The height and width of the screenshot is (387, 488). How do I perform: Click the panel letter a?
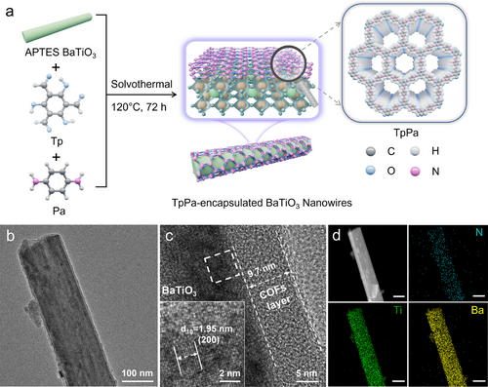tap(10, 12)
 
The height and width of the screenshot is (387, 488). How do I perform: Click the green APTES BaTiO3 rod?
tap(58, 27)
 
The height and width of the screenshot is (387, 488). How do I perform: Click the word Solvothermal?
tap(142, 84)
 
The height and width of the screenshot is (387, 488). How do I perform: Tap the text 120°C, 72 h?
tap(139, 107)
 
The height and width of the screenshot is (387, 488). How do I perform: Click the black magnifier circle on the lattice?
tap(289, 63)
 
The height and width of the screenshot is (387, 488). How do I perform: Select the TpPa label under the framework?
tap(406, 133)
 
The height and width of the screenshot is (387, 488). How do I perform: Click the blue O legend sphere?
tap(370, 171)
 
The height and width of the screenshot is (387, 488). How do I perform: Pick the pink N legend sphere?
tap(415, 171)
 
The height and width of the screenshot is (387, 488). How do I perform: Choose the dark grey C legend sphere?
tap(370, 151)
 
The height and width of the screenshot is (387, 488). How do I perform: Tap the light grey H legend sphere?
tap(415, 151)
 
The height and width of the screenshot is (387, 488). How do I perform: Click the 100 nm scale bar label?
tap(137, 372)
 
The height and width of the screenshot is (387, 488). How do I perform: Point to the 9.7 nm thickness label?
tap(262, 270)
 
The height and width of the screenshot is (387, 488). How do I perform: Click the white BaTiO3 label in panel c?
tap(180, 290)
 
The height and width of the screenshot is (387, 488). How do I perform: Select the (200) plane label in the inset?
tap(209, 340)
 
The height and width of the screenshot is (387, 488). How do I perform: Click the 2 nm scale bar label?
tap(229, 373)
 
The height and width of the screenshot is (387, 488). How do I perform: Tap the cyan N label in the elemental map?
tap(479, 232)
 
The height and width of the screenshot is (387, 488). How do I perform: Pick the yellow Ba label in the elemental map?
tap(477, 310)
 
